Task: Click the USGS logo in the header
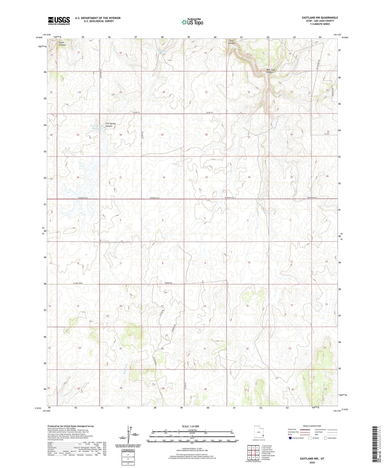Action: (x=59, y=20)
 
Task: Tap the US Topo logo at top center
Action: (x=192, y=22)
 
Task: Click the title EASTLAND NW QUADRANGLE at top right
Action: (x=320, y=18)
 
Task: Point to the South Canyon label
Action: (x=62, y=44)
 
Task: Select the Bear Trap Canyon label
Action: (x=270, y=71)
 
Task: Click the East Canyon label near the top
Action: (x=231, y=42)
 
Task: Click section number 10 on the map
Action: (x=249, y=262)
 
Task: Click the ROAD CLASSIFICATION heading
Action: (x=312, y=426)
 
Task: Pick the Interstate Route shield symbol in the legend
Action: (x=290, y=438)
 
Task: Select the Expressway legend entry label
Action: (x=292, y=429)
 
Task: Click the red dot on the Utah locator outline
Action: (x=263, y=436)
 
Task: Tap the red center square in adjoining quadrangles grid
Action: (x=253, y=452)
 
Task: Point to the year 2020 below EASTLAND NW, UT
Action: (x=312, y=462)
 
